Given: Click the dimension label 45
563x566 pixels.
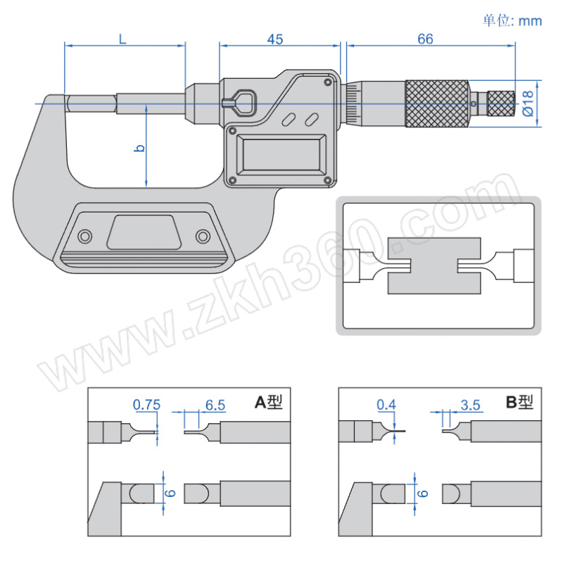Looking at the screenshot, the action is [275, 39].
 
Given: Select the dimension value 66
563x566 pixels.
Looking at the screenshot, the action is [425, 39].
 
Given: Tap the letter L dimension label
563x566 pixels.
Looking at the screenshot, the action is [122, 39].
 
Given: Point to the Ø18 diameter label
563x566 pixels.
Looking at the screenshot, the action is [528, 103].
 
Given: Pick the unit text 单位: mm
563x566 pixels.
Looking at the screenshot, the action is [512, 21].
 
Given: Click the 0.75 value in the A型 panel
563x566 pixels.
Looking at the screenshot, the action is [146, 405].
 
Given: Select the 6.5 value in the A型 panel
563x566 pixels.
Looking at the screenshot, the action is [215, 405].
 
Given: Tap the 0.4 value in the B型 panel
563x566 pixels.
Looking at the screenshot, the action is [386, 405].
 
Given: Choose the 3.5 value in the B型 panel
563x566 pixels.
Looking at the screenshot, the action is [471, 405].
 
